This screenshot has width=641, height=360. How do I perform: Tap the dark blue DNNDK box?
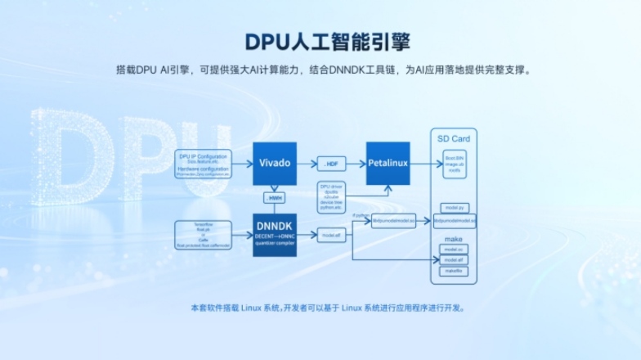tap(274, 234)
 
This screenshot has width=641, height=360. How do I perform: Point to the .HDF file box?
tap(331, 164)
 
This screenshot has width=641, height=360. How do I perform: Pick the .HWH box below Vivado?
tap(274, 198)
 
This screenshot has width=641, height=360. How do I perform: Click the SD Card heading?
tap(453, 138)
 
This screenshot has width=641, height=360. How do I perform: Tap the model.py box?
tap(453, 208)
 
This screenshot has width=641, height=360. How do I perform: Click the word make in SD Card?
tap(453, 239)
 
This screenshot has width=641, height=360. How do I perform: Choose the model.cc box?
tap(453, 249)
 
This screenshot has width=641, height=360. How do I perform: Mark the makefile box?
tap(453, 270)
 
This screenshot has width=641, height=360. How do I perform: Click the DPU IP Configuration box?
tap(204, 164)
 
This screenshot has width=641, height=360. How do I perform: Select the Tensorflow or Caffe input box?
tap(204, 234)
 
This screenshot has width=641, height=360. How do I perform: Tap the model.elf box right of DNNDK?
tap(331, 235)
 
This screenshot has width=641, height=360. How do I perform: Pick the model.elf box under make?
tap(453, 259)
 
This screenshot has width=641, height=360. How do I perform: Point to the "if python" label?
tap(361, 215)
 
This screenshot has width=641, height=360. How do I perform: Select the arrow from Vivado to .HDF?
tap(306, 164)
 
